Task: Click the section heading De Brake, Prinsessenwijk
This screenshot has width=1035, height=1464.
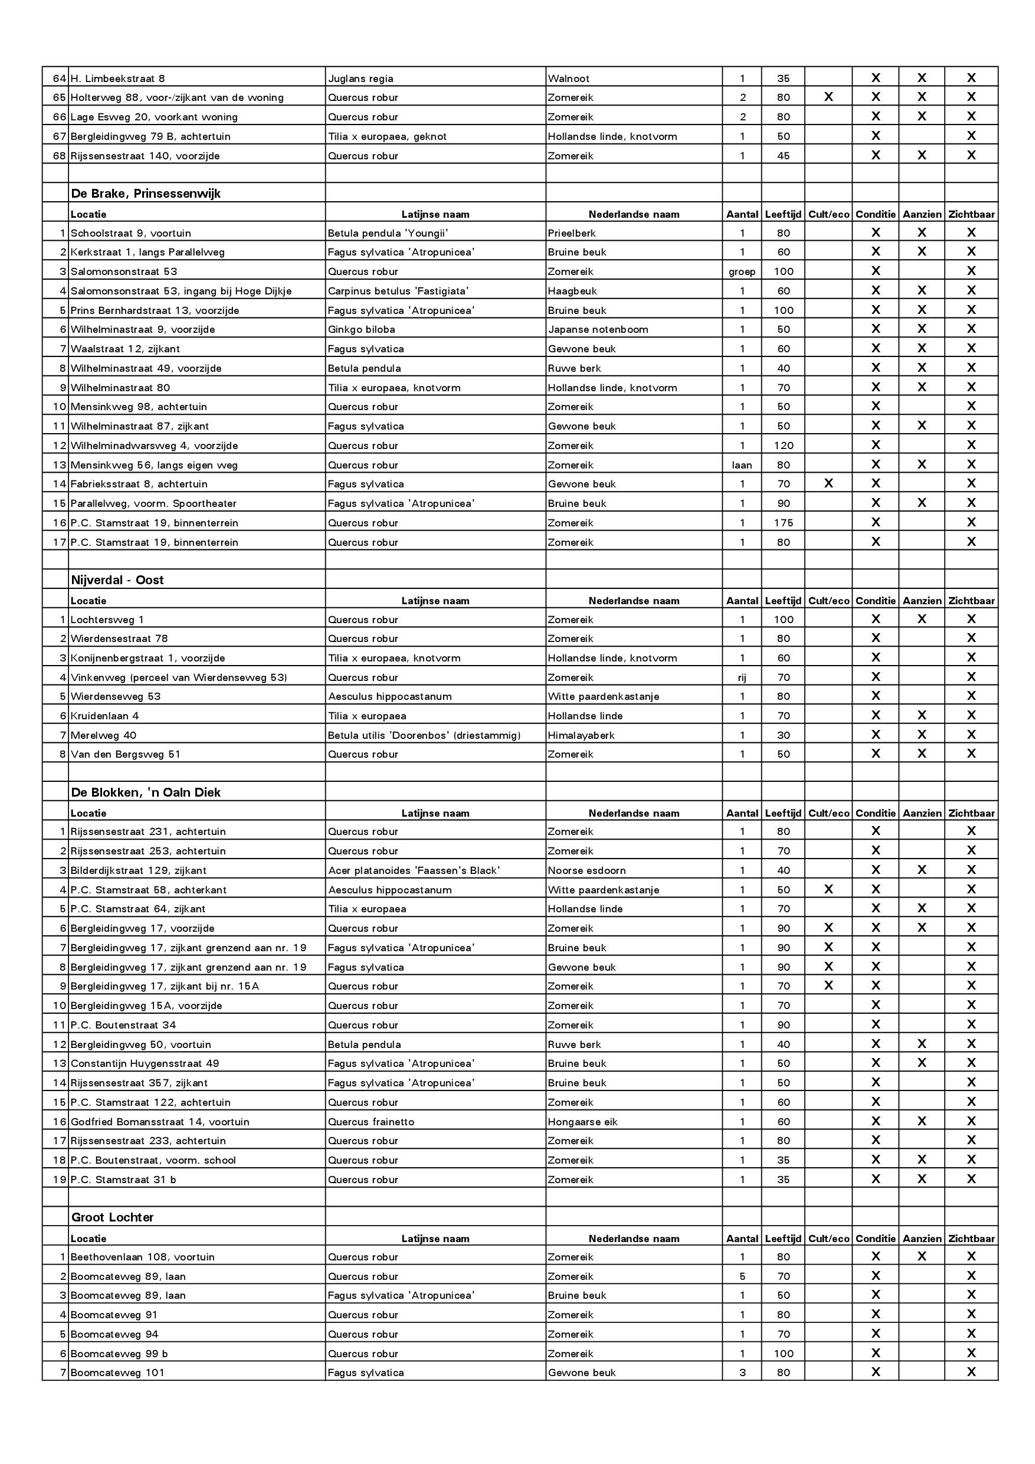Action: click(145, 194)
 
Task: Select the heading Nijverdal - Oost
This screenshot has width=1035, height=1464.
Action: click(117, 580)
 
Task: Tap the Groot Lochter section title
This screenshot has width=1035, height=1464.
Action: click(112, 1217)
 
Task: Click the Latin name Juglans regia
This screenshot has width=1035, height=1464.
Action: click(361, 79)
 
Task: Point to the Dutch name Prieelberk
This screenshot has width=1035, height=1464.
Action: click(571, 233)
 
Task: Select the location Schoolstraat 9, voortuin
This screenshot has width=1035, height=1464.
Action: click(131, 233)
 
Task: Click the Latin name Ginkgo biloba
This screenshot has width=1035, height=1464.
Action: click(362, 330)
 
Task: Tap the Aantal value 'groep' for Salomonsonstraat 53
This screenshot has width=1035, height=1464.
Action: click(742, 271)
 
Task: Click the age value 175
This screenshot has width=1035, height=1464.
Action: click(783, 523)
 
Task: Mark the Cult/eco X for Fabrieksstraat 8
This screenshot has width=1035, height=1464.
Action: click(828, 484)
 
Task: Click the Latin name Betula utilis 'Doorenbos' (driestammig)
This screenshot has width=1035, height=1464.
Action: click(424, 735)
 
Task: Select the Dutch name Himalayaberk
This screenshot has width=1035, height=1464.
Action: click(581, 735)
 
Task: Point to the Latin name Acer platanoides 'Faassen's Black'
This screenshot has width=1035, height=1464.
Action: click(414, 870)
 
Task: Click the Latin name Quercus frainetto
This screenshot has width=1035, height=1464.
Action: click(371, 1122)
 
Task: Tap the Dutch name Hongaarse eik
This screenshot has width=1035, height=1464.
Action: click(582, 1122)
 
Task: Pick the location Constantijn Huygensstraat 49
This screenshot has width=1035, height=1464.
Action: click(145, 1063)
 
